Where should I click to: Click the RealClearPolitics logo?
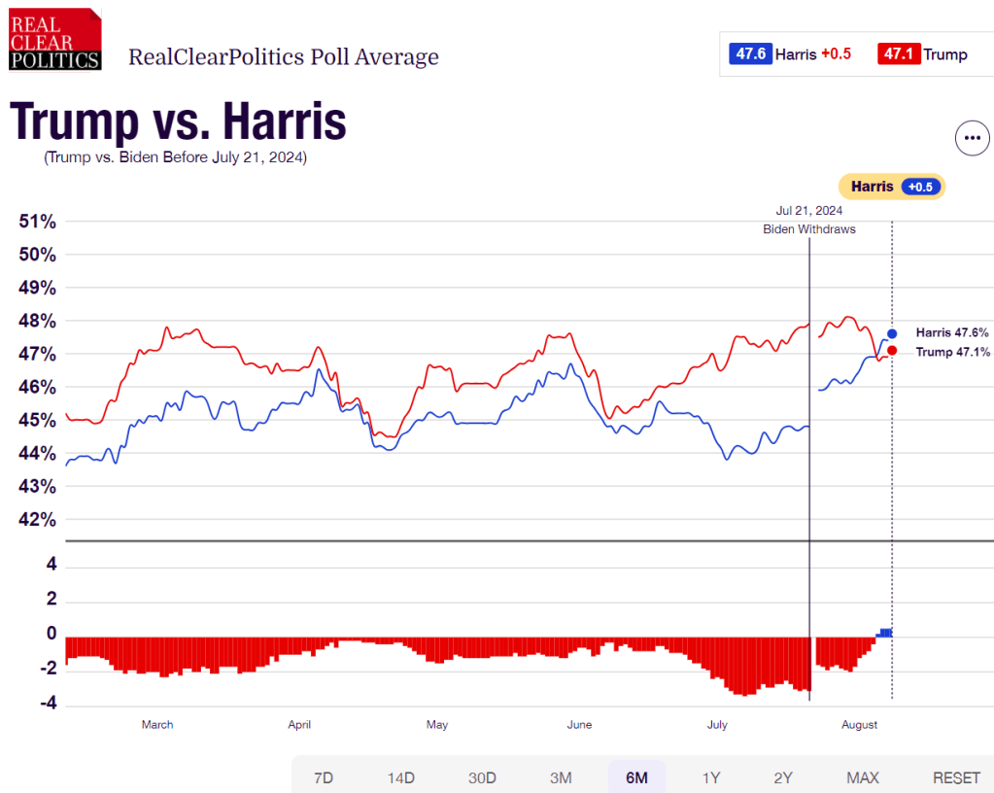[55, 39]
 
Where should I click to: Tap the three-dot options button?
[971, 139]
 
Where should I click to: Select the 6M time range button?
[636, 777]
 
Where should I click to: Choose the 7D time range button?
[324, 777]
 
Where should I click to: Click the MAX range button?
[863, 777]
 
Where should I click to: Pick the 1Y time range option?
[711, 777]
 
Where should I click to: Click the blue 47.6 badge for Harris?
[750, 54]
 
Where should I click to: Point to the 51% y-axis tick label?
[38, 222]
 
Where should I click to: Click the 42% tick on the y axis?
[38, 519]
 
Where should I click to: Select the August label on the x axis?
[859, 725]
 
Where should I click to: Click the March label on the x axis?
[157, 725]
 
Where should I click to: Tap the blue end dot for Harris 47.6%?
[892, 333]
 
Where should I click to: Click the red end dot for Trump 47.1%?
[892, 351]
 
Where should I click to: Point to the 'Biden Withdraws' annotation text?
[808, 229]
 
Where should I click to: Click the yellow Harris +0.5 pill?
[891, 187]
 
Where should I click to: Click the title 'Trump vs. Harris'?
[179, 122]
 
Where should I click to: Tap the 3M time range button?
[561, 777]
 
